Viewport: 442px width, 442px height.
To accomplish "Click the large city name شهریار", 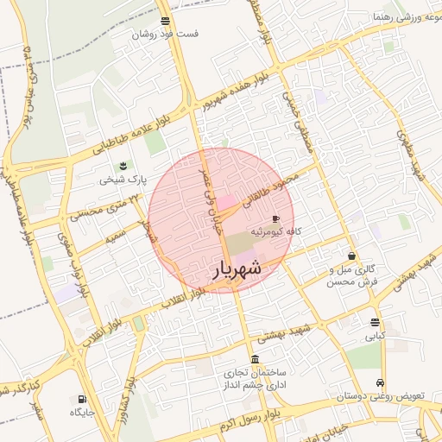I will pos(237,270).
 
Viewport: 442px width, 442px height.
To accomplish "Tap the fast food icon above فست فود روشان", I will pos(165,21).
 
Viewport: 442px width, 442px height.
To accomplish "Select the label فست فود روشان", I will pos(165,35).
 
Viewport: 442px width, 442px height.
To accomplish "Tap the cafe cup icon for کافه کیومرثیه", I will pos(275,218).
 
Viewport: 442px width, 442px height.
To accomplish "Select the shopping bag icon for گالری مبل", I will pos(352,256).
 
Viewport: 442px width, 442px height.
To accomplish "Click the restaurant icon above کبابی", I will pos(375,322).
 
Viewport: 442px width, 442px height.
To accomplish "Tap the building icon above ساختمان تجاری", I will pos(255,359).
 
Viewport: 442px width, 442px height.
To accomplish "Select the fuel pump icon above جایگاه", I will pos(82,399).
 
